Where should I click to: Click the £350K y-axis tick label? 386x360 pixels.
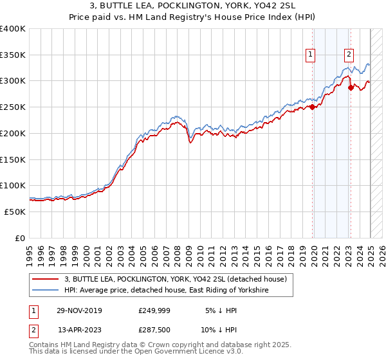click(x=13, y=55)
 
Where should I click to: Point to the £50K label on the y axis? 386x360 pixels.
click(x=15, y=212)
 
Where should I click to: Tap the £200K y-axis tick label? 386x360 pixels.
click(x=13, y=134)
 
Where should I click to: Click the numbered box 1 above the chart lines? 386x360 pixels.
click(x=310, y=55)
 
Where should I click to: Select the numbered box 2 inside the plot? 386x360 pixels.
click(x=349, y=55)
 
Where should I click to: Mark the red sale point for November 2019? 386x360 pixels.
click(x=313, y=107)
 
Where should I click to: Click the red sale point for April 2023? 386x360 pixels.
click(x=351, y=88)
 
